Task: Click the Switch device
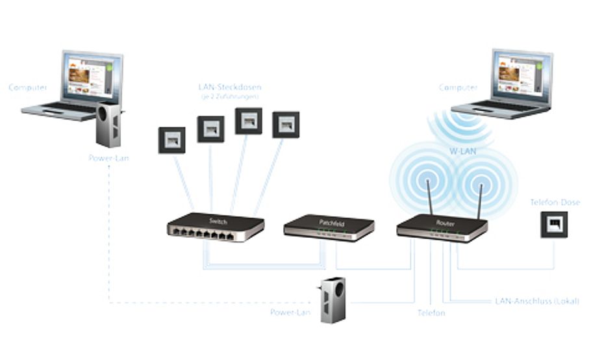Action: [x=216, y=227]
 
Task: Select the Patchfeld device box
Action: [x=329, y=227]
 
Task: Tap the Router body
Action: [x=442, y=228]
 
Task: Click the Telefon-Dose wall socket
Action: [x=554, y=224]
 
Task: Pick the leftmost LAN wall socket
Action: [x=171, y=140]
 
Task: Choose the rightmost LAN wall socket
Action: [x=285, y=125]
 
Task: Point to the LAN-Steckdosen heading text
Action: [x=229, y=87]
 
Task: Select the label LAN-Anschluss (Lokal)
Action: [x=536, y=301]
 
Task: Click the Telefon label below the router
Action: [x=431, y=313]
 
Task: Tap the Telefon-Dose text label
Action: [x=555, y=203]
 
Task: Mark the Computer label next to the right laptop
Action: [x=459, y=87]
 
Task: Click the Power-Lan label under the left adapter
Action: [x=108, y=157]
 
